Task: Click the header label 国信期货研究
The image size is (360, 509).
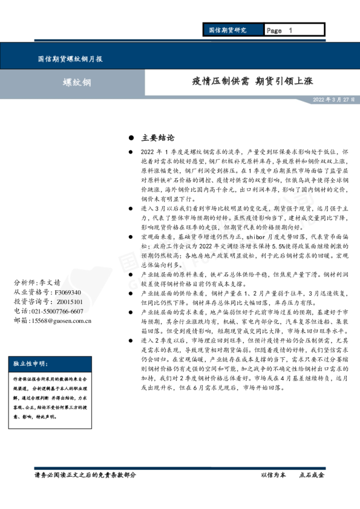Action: click(x=227, y=30)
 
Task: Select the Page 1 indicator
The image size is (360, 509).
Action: click(x=279, y=30)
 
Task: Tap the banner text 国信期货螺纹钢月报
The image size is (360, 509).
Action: click(x=70, y=59)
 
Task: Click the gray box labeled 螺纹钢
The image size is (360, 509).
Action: click(x=78, y=82)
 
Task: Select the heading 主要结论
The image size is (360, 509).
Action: click(x=157, y=138)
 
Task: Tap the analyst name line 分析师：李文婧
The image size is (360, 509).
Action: click(x=37, y=282)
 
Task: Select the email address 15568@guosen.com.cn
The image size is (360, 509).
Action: click(x=60, y=320)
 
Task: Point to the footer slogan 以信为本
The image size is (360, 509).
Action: click(x=273, y=475)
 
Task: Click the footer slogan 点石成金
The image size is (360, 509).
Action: click(x=312, y=475)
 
